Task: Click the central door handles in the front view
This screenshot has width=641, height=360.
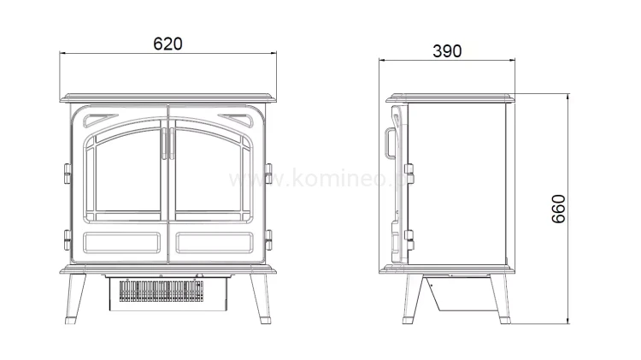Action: (168, 141)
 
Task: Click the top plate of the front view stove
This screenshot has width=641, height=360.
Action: (168, 94)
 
